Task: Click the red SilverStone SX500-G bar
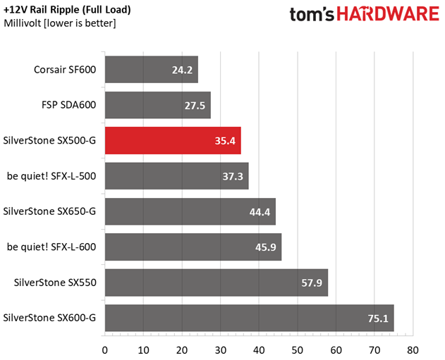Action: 173,140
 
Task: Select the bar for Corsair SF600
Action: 151,70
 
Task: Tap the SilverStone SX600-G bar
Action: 249,318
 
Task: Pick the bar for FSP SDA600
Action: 157,105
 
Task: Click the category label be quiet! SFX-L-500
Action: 51,176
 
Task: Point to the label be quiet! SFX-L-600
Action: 51,247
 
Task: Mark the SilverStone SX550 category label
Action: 54,283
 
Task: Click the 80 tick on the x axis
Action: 413,349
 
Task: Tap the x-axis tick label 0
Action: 105,349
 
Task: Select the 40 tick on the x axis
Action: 259,349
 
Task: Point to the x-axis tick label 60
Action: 336,349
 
